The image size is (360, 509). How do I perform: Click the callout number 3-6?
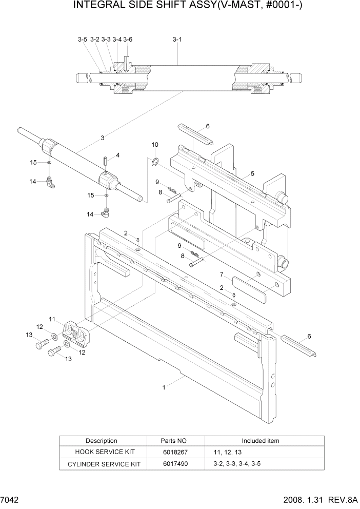point(128,39)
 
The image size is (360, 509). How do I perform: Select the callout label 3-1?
point(177,39)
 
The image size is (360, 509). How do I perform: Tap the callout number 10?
point(155,145)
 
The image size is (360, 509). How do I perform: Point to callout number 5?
point(252,173)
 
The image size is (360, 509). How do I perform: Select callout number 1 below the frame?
point(164,387)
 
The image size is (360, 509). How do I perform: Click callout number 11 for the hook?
point(52,319)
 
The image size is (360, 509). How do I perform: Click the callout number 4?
point(117,154)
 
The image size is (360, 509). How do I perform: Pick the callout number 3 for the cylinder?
point(103,138)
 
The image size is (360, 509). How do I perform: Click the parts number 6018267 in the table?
point(175,452)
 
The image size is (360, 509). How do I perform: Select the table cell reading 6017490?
point(175,464)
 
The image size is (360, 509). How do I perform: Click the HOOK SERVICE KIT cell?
point(102,452)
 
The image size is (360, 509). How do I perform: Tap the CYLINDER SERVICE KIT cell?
point(102,464)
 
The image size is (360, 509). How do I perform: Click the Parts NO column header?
point(175,441)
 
